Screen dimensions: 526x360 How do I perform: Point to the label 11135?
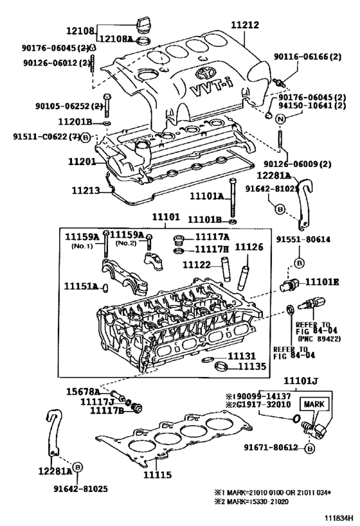point(253,367)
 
